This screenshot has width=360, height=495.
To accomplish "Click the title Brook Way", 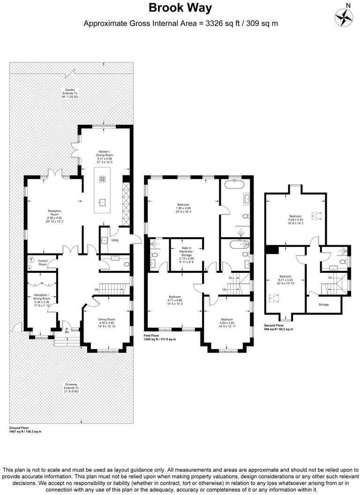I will pos(180,8).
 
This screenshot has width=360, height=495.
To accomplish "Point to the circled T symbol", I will pos(31,260).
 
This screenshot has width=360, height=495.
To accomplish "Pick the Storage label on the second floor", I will pos(323,305).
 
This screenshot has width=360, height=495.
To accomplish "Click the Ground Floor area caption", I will pos(25,429).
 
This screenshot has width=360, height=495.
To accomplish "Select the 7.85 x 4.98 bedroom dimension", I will pos(183,208).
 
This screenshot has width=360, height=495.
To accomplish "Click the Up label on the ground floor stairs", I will pos(97,289).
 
